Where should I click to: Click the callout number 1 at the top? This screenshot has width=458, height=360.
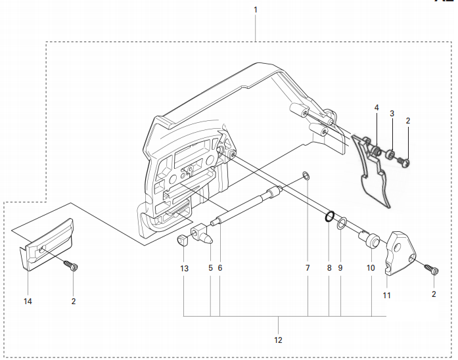(256, 10)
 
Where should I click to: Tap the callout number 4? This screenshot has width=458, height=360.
(377, 107)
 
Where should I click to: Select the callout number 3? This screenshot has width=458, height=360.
(392, 113)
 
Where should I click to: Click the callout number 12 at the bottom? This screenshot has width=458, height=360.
(278, 340)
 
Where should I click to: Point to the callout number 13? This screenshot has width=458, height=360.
(185, 269)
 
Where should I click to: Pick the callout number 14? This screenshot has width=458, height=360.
(28, 302)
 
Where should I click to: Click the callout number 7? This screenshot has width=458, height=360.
(307, 269)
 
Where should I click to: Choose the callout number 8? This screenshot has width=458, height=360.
(329, 269)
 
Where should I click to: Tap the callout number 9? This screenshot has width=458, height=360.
(340, 269)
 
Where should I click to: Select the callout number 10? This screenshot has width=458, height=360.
(370, 269)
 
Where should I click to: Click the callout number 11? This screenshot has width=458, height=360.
(387, 296)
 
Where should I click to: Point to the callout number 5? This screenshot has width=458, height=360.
(210, 269)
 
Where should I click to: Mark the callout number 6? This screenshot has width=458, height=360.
(219, 269)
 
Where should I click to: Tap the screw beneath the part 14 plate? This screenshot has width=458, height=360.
(72, 267)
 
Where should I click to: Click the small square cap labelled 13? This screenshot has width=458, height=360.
(183, 239)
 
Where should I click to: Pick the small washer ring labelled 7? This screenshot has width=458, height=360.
(306, 175)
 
